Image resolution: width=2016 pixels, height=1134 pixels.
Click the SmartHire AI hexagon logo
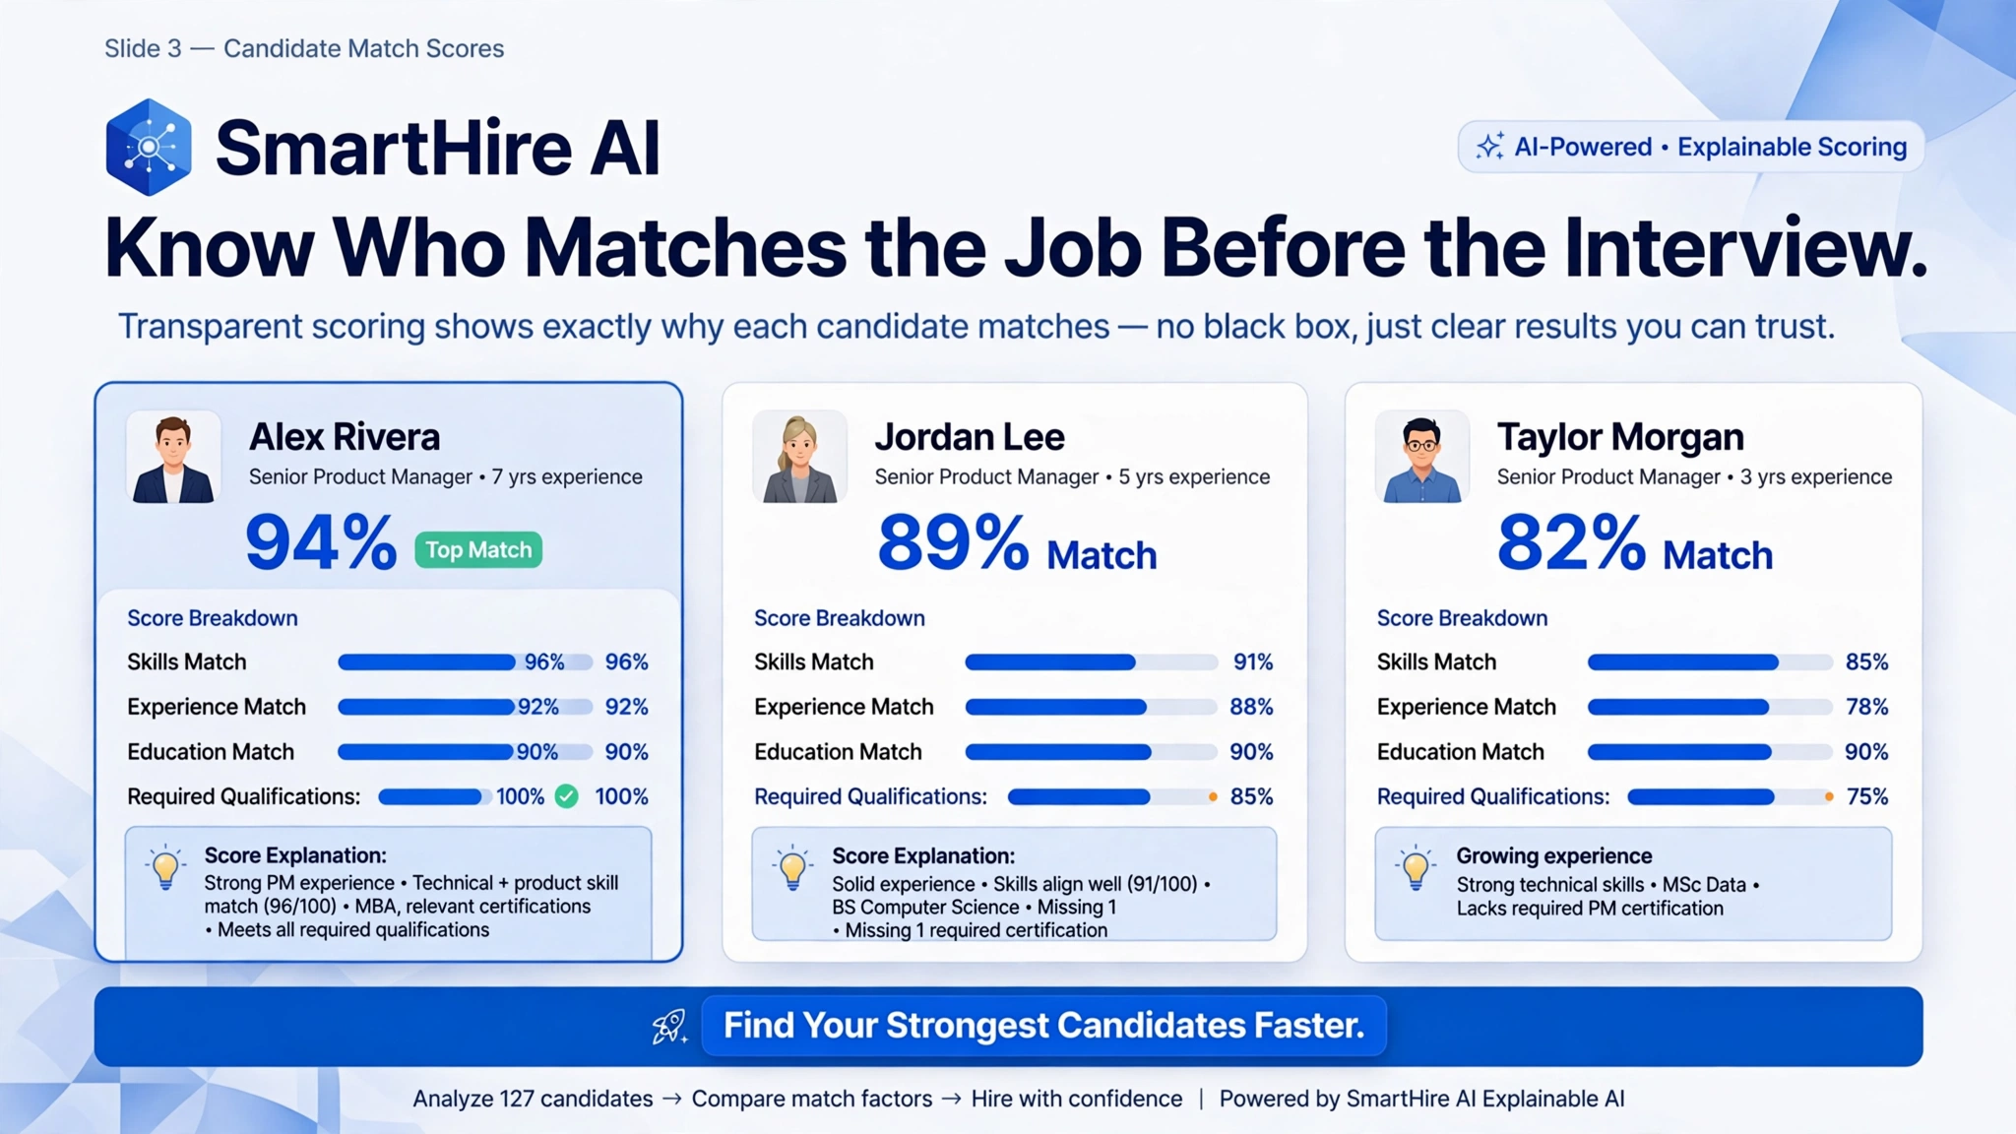click(x=149, y=147)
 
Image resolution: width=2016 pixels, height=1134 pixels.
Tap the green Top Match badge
click(x=478, y=549)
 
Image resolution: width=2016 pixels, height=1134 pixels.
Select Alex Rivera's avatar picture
click(x=173, y=458)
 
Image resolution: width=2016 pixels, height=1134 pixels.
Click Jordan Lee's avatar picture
click(x=799, y=458)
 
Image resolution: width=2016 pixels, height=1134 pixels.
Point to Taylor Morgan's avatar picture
click(x=1421, y=458)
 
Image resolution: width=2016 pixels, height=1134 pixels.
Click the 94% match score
click(x=321, y=542)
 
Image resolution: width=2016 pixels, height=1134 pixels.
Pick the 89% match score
click(x=953, y=542)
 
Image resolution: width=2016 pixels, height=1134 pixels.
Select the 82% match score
click(x=1571, y=542)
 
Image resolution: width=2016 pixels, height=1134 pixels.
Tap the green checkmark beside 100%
click(x=567, y=796)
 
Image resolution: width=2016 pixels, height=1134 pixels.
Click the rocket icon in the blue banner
click(x=670, y=1027)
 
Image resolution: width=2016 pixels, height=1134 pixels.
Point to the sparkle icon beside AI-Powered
click(x=1489, y=147)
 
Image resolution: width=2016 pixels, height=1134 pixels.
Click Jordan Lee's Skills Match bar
click(x=1091, y=662)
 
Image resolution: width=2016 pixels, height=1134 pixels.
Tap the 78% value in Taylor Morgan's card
click(x=1866, y=707)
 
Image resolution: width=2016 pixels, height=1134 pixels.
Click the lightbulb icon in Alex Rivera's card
click(x=166, y=867)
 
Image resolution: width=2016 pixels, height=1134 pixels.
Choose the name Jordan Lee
click(x=970, y=437)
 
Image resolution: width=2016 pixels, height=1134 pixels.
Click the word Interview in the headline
click(x=1736, y=247)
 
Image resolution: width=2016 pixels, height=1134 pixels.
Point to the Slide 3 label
click(x=143, y=48)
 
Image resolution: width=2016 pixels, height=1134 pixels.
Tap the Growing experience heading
click(x=1554, y=856)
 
